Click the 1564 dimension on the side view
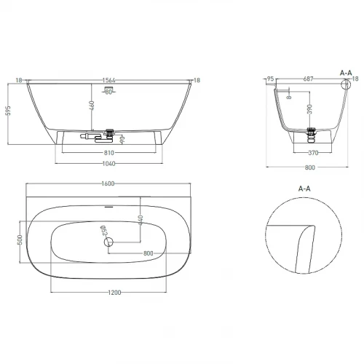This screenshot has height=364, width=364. pos(108,80)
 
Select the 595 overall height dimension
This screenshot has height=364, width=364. pos(9,111)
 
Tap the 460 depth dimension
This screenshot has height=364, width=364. pos(92,106)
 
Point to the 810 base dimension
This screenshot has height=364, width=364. pos(109,153)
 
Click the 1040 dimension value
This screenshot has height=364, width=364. pos(108,164)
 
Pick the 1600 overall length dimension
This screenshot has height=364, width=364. pos(108,183)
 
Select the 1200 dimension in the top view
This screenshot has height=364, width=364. pos(114,293)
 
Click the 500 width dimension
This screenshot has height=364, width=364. pos(20,240)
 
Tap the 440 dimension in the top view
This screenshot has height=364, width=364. pos(141,220)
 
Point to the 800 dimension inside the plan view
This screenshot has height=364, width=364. pos(149,253)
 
